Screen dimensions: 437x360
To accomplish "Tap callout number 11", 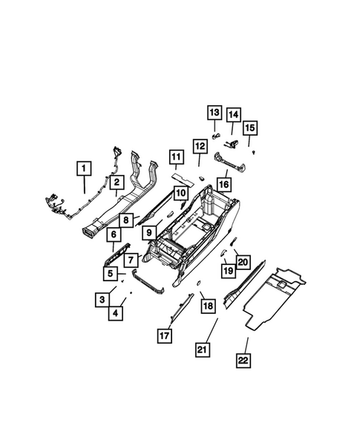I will click(175, 157).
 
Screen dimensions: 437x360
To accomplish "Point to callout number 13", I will click(214, 113).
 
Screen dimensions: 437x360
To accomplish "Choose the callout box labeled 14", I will click(234, 115).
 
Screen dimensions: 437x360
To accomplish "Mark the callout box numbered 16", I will click(223, 181).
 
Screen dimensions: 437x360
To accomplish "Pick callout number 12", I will click(200, 146).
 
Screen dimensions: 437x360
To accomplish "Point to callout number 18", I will click(208, 306).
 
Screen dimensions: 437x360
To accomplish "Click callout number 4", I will click(116, 312).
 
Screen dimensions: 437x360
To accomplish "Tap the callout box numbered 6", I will click(114, 235).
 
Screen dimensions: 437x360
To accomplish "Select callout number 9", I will click(149, 233).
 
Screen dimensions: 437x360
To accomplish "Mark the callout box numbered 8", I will click(127, 220).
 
